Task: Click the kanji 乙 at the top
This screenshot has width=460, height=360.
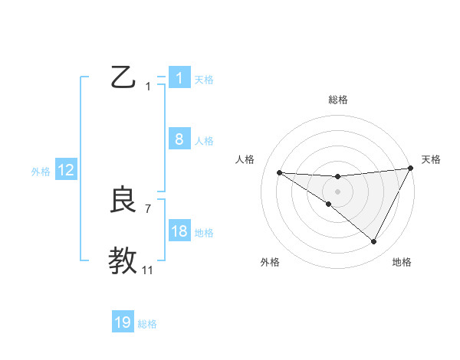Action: coord(123,77)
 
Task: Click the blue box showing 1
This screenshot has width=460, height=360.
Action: coord(179,78)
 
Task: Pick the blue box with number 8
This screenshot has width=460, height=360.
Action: coord(179,139)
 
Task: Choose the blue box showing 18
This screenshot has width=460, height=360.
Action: coord(179,231)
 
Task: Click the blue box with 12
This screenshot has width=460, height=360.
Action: coord(66,170)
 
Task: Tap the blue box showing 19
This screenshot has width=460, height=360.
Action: coord(123,322)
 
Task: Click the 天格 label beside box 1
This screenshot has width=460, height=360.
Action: coord(204,79)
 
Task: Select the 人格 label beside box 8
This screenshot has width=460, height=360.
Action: coord(204,140)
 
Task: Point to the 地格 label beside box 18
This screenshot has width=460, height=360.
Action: coord(204,232)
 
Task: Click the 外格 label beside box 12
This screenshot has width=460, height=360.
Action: coord(41,172)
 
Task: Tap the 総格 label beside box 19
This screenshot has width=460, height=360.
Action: coord(147,324)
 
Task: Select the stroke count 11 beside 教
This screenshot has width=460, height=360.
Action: coord(148,270)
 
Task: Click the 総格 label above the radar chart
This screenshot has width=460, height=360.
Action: coord(337,100)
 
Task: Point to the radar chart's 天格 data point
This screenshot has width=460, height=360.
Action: coord(411,169)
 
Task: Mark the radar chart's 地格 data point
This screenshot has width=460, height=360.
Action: coord(374,242)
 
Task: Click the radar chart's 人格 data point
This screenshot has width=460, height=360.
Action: coord(279,172)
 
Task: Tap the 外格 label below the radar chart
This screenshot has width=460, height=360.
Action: coord(270,263)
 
